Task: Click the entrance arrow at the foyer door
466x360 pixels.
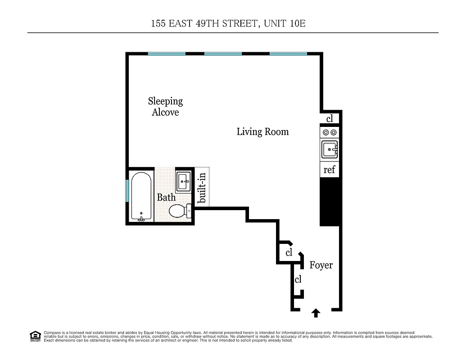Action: coord(316,313)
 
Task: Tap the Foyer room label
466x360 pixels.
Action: coord(321,265)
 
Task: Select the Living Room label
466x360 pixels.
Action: coord(262,132)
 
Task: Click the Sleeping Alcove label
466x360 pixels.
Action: coord(165,107)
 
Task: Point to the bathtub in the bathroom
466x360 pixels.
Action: coord(141,197)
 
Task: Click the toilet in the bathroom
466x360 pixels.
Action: coord(178,211)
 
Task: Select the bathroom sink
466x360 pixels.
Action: coord(184,181)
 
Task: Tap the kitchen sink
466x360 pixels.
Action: coord(330,149)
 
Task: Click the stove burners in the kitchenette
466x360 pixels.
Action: coord(330,132)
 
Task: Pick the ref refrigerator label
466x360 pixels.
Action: coord(330,170)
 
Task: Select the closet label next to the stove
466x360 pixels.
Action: coord(330,119)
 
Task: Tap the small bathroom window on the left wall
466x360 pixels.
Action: coord(127,191)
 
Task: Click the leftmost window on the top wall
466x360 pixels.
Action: coord(167,54)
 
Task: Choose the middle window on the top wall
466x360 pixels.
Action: coord(223,54)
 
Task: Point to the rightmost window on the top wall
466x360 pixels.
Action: coord(288,54)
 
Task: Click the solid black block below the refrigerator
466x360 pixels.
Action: coord(329,202)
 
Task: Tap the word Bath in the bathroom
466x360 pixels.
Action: coord(166,197)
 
